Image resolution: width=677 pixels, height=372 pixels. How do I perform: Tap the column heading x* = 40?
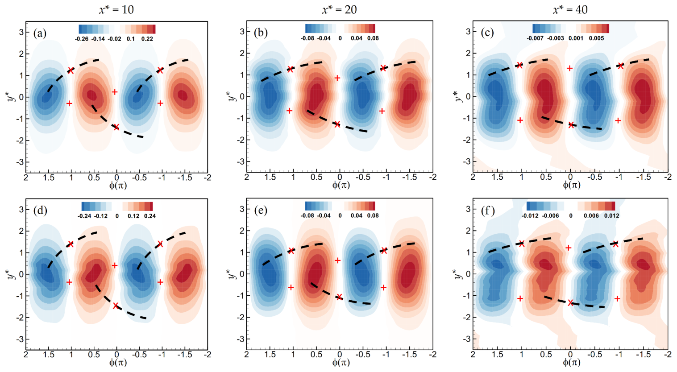[x=570, y=9]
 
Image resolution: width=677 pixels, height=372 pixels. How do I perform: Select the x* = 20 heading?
[x=339, y=9]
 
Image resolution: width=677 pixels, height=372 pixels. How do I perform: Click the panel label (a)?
[x=40, y=33]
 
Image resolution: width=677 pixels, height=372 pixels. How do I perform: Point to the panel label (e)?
[x=260, y=210]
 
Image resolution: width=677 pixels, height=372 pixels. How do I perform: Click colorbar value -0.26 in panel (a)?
[x=81, y=39]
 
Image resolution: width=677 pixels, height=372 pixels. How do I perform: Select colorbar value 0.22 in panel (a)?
[x=147, y=39]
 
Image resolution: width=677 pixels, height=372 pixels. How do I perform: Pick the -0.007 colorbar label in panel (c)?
[x=535, y=38]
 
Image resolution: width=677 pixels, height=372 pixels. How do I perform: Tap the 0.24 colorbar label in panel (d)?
[x=149, y=216]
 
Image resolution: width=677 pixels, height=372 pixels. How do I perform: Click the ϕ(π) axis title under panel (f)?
[x=571, y=362]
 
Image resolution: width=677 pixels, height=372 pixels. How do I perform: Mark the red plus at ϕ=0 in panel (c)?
[x=569, y=68]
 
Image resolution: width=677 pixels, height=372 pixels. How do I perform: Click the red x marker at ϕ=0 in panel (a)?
[x=116, y=127]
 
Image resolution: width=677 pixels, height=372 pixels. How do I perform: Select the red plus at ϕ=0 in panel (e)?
[x=338, y=260]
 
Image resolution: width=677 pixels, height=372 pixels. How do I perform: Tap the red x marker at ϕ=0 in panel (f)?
[x=570, y=303]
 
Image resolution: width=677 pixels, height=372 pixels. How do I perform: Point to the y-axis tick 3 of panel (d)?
[x=20, y=209]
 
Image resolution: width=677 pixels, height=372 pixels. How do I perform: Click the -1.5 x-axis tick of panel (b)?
[x=409, y=178]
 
